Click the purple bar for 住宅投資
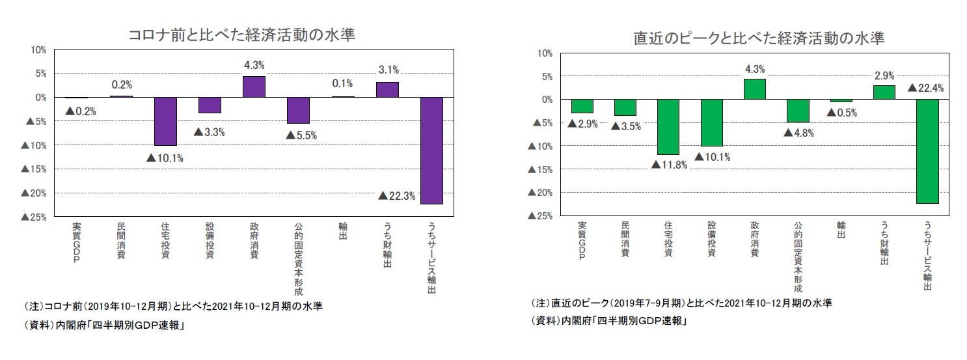[165, 121]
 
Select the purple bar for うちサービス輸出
[431, 150]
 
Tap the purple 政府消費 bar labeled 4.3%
[254, 87]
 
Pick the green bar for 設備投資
[711, 122]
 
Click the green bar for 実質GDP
[582, 106]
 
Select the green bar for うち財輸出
[884, 92]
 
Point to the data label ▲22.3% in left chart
[396, 195]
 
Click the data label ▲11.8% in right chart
[669, 164]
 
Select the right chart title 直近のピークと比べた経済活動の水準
[759, 38]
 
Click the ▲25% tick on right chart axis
[545, 215]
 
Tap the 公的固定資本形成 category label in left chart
[298, 258]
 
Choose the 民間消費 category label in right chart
[625, 239]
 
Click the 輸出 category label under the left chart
[342, 231]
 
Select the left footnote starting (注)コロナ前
[173, 307]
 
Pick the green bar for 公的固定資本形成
[798, 111]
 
